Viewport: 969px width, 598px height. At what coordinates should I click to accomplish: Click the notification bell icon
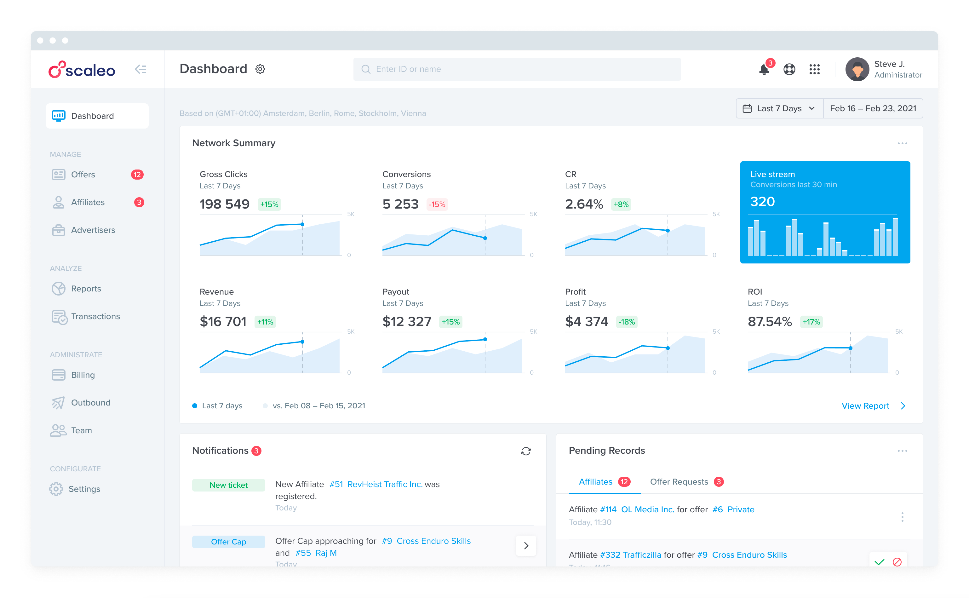[x=764, y=70]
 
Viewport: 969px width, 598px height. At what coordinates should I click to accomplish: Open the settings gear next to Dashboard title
[x=260, y=69]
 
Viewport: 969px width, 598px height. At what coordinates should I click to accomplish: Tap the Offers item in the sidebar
[x=83, y=175]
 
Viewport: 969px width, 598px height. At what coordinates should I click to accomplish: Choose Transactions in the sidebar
[x=95, y=316]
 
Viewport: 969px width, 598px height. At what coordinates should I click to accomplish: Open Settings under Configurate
[x=84, y=489]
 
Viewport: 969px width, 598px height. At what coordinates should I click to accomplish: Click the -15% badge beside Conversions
[x=437, y=204]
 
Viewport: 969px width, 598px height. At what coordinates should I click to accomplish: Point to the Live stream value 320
[x=762, y=202]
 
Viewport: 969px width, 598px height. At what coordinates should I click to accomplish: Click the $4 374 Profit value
[x=586, y=322]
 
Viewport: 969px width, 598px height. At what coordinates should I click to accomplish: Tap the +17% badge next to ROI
[x=811, y=322]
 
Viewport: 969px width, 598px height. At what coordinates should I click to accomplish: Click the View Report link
[x=865, y=406]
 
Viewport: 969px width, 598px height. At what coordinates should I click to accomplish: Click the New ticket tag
[x=228, y=485]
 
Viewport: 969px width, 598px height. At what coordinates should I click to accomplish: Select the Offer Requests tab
[x=679, y=482]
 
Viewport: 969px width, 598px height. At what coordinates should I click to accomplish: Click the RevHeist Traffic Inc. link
[x=385, y=484]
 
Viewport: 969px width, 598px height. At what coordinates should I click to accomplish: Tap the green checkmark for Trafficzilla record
[x=879, y=562]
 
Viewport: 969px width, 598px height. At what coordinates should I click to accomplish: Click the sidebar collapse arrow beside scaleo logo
[x=141, y=70]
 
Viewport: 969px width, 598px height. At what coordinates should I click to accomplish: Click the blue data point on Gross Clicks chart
[x=302, y=224]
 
